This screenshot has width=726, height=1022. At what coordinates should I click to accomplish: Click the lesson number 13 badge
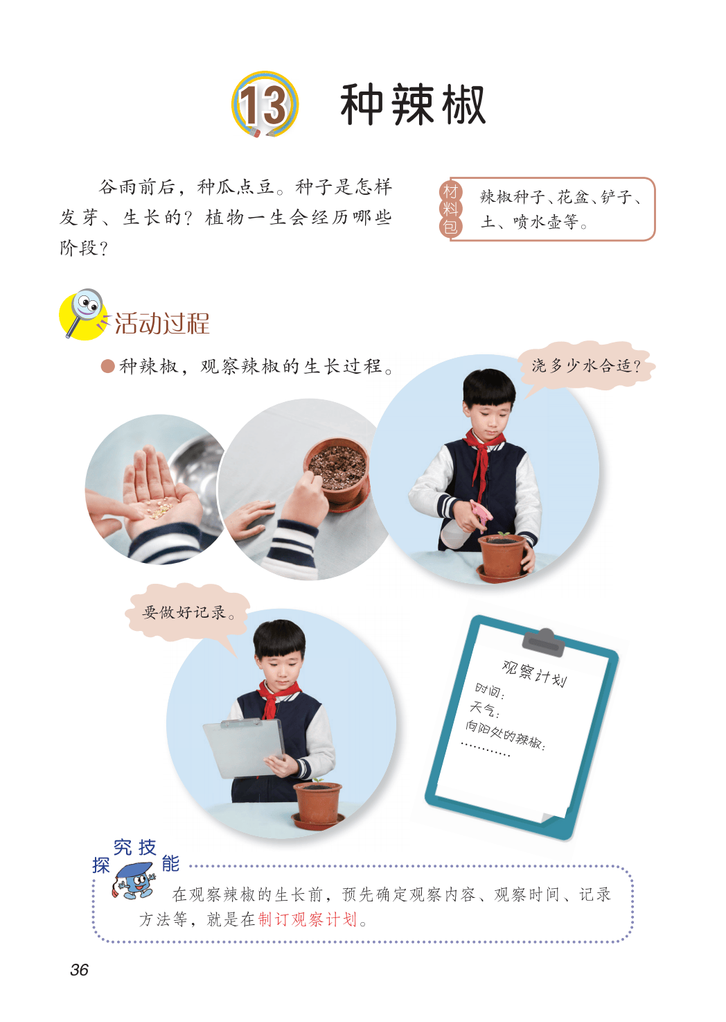265,105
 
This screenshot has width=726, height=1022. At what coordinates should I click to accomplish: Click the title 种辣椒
413,105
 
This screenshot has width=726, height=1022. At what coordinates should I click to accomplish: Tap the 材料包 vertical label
450,209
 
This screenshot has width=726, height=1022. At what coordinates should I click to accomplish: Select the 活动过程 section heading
162,324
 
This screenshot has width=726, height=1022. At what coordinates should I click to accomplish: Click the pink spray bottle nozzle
481,512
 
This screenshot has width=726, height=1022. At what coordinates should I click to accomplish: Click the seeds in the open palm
158,509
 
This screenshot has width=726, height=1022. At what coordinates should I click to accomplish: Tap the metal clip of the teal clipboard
543,641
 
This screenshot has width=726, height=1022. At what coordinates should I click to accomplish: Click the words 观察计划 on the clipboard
534,674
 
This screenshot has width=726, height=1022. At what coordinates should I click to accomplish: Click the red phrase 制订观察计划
308,920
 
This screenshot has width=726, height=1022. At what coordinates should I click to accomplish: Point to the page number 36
79,969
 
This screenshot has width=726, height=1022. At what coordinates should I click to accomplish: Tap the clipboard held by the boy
244,749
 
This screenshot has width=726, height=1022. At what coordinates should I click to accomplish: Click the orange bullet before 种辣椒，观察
107,366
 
